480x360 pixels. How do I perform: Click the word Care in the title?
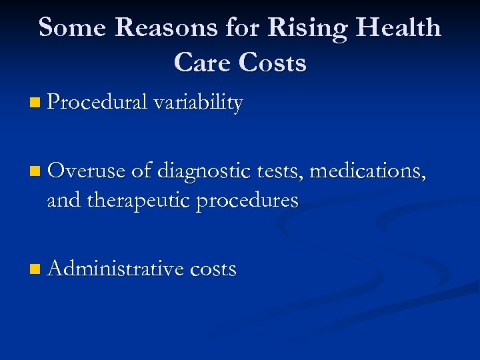click(x=201, y=63)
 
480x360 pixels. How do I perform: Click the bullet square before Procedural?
click(x=35, y=104)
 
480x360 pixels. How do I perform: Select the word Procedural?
click(x=97, y=103)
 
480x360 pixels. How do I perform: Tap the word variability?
click(x=198, y=103)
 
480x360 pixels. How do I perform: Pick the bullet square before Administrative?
click(x=35, y=271)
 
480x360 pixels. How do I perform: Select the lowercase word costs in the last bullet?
click(x=213, y=269)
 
